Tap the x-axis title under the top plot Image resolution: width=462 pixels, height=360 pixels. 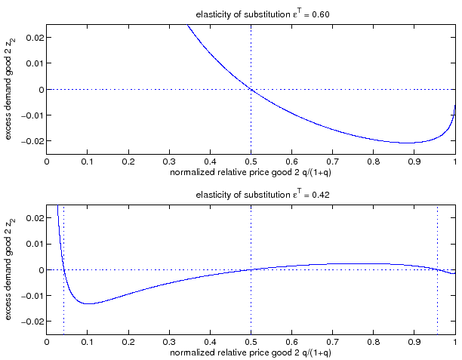point(251,172)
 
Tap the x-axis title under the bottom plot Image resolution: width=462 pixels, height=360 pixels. point(251,352)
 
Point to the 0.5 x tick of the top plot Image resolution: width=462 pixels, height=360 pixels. point(251,160)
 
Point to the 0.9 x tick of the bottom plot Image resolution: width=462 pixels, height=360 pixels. point(414,340)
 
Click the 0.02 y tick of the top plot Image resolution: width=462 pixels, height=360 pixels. point(34,38)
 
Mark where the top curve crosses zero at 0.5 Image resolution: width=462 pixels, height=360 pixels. point(251,89)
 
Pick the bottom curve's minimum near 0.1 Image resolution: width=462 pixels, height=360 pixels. point(88,303)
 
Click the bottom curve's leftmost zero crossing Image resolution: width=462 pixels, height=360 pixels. point(64,269)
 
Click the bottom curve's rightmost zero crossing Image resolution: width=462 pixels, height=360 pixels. point(437,269)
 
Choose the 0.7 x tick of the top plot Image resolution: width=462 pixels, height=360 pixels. point(332,160)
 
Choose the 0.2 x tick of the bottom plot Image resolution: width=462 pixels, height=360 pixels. point(128,340)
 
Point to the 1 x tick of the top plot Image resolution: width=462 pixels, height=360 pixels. point(454,160)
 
